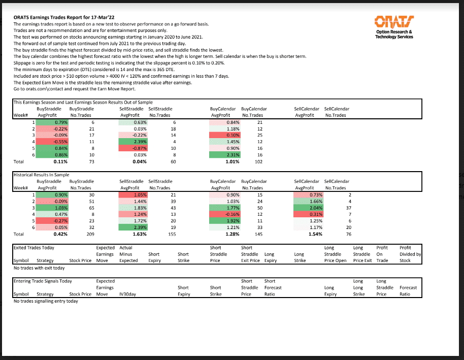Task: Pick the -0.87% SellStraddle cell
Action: tap(133, 149)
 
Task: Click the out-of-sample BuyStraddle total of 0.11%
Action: tap(60, 162)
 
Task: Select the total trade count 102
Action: tap(259, 162)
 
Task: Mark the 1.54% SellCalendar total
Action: tap(314, 235)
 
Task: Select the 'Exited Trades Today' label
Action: tap(34, 248)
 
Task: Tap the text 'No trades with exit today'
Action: tap(39, 268)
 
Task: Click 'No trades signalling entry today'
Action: tap(45, 301)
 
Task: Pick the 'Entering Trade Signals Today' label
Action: tap(42, 281)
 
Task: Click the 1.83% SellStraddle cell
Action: tap(133, 208)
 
